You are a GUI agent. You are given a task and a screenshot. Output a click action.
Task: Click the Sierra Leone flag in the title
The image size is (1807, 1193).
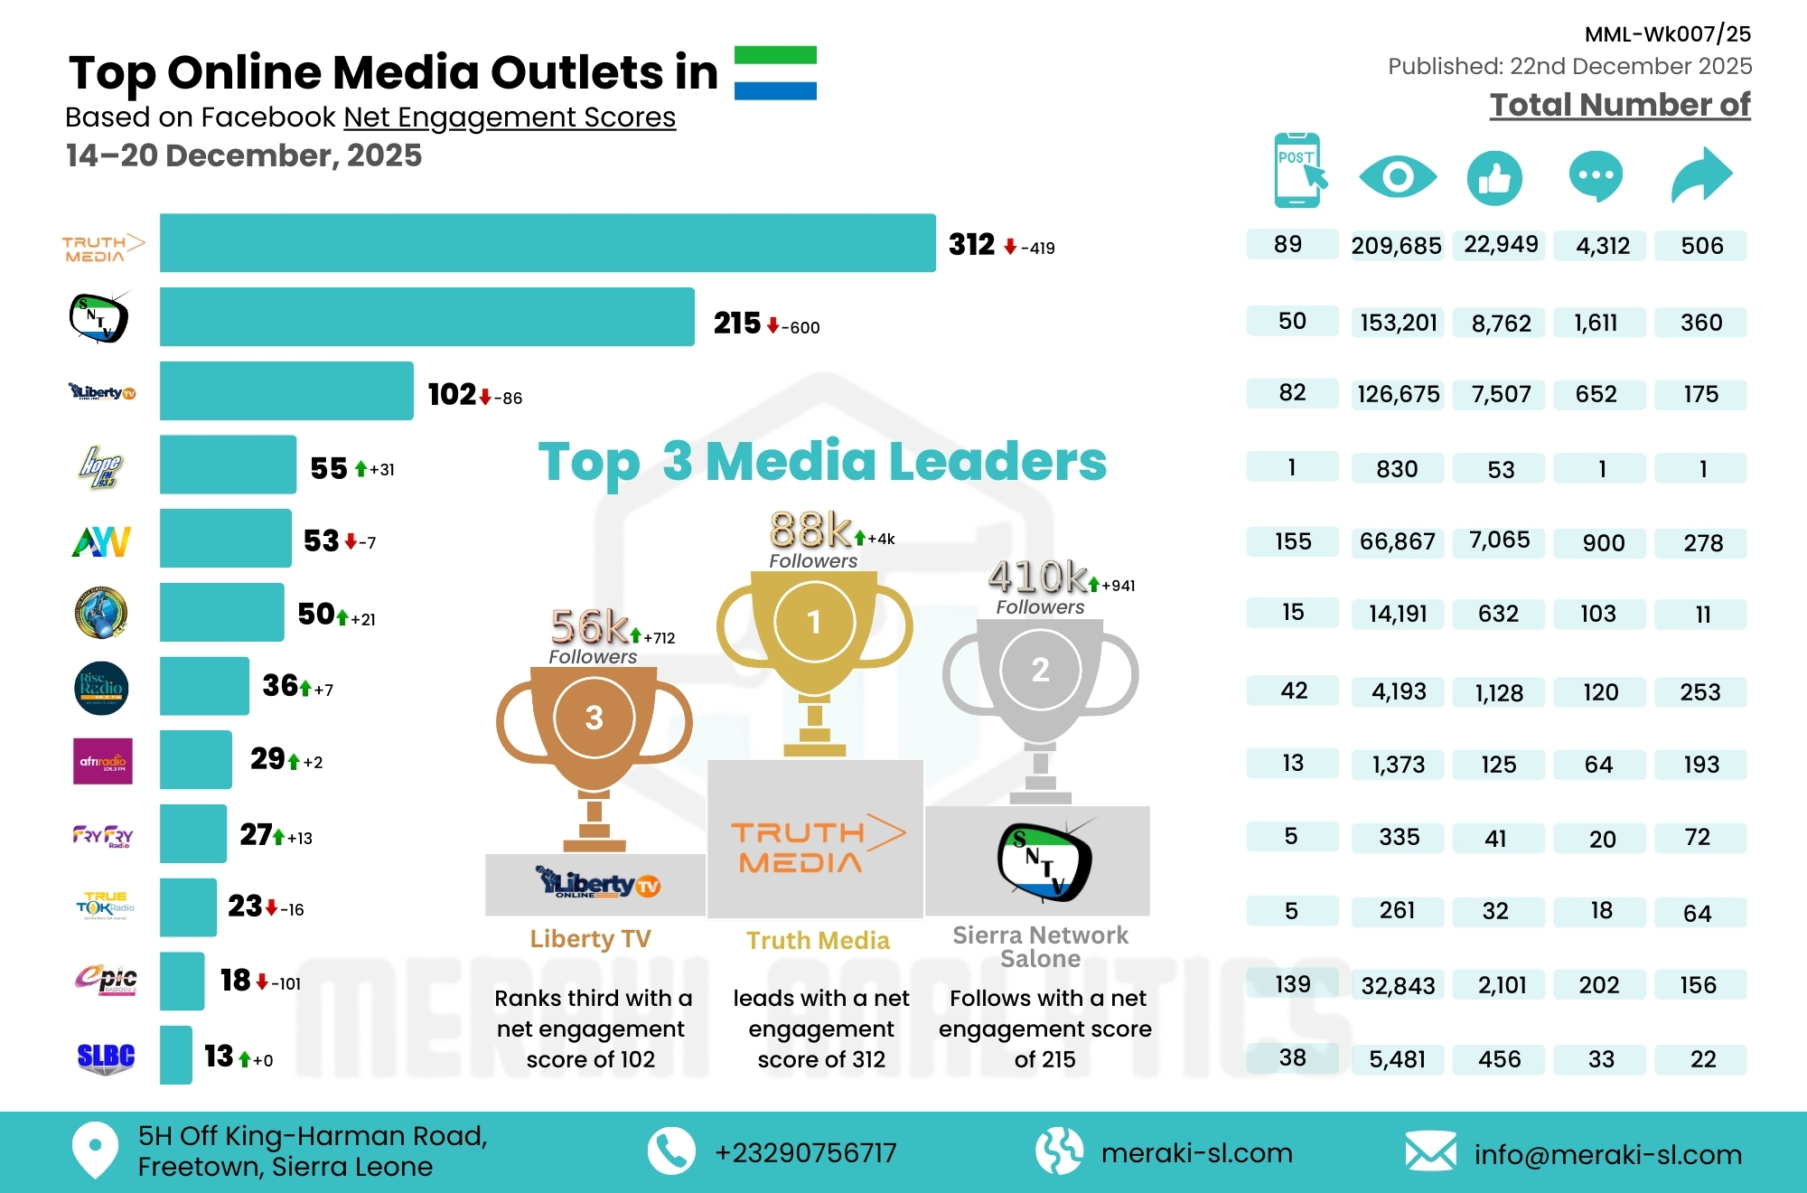[775, 72]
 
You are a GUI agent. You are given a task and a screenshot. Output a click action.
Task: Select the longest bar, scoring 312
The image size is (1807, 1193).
[548, 243]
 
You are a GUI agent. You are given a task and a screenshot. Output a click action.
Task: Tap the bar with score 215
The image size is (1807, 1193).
[426, 317]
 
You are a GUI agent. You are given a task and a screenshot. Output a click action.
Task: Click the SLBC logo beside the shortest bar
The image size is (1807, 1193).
[106, 1057]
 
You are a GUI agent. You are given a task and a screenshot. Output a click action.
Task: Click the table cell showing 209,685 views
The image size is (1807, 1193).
[1396, 246]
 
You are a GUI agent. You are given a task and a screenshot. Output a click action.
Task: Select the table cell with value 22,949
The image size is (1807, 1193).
[1501, 245]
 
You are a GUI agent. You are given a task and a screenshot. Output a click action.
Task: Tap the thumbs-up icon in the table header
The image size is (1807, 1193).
[1494, 177]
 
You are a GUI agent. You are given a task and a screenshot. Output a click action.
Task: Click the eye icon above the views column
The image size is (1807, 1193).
[1397, 176]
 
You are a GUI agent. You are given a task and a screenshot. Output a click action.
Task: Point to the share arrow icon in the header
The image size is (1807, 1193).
[1701, 174]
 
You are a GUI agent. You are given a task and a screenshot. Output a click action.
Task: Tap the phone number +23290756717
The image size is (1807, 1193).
[805, 1153]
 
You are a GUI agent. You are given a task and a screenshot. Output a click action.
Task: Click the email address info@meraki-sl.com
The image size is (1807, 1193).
[1607, 1154]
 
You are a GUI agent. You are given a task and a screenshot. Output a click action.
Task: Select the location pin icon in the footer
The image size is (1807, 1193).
[95, 1150]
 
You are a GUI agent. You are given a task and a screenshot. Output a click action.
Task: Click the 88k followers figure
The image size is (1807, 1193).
[810, 530]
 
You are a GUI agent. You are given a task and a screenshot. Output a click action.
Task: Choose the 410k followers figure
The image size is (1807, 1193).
[1038, 577]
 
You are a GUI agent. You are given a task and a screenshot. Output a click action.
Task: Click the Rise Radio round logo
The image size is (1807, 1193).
[101, 689]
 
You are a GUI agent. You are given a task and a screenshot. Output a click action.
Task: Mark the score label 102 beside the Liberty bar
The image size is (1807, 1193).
[452, 394]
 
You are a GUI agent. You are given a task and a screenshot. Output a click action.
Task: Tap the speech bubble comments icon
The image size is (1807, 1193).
[1596, 175]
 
